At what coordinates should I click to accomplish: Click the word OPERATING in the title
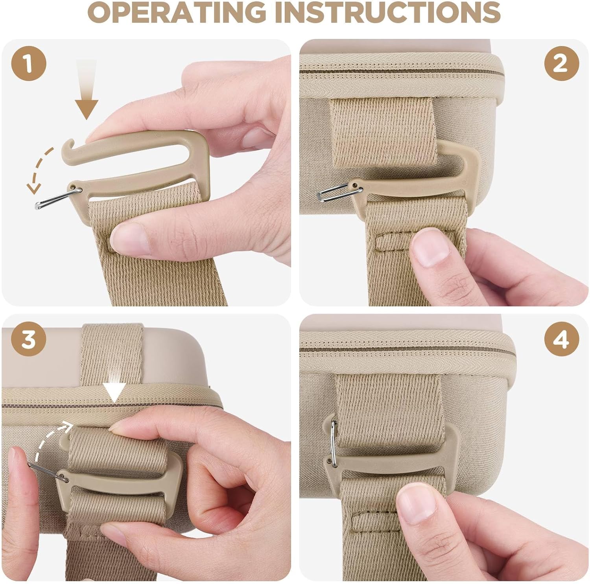(176, 13)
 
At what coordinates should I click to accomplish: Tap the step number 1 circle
(28, 63)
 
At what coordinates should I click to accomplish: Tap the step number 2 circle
(561, 63)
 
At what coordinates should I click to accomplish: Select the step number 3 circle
(28, 339)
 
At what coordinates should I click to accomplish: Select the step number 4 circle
(561, 339)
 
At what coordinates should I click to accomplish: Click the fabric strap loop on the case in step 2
(383, 132)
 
